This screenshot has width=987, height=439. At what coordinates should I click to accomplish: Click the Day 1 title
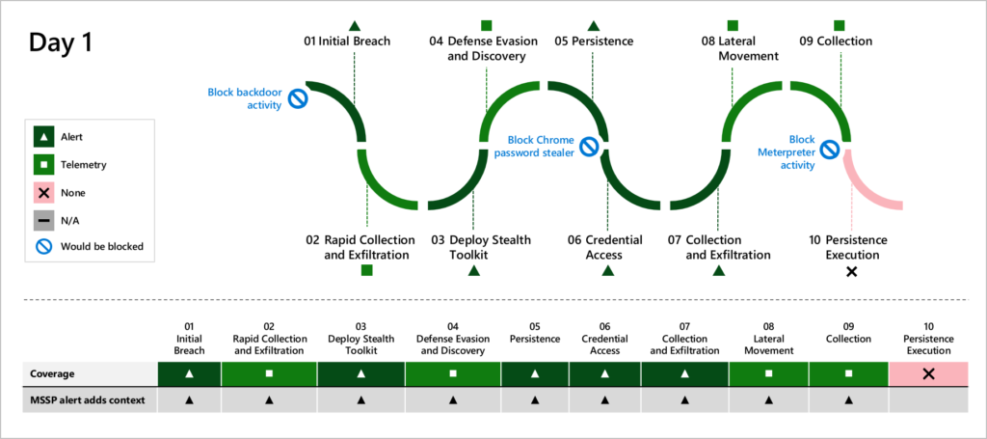(61, 42)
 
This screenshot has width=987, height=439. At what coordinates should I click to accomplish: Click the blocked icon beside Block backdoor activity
(298, 98)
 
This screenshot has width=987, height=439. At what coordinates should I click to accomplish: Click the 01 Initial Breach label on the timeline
(347, 41)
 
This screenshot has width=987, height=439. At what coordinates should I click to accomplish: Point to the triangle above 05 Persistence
(593, 25)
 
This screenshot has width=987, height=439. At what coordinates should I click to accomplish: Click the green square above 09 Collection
(840, 25)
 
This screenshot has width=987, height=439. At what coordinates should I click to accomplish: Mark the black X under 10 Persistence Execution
(851, 272)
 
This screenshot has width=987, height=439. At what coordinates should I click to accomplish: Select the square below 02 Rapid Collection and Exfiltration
(366, 270)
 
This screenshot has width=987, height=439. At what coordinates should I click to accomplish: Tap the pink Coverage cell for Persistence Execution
(928, 373)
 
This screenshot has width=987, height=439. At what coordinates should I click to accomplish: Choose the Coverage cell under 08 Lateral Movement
(768, 373)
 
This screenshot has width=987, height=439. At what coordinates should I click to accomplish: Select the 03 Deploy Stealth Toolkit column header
(360, 344)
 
